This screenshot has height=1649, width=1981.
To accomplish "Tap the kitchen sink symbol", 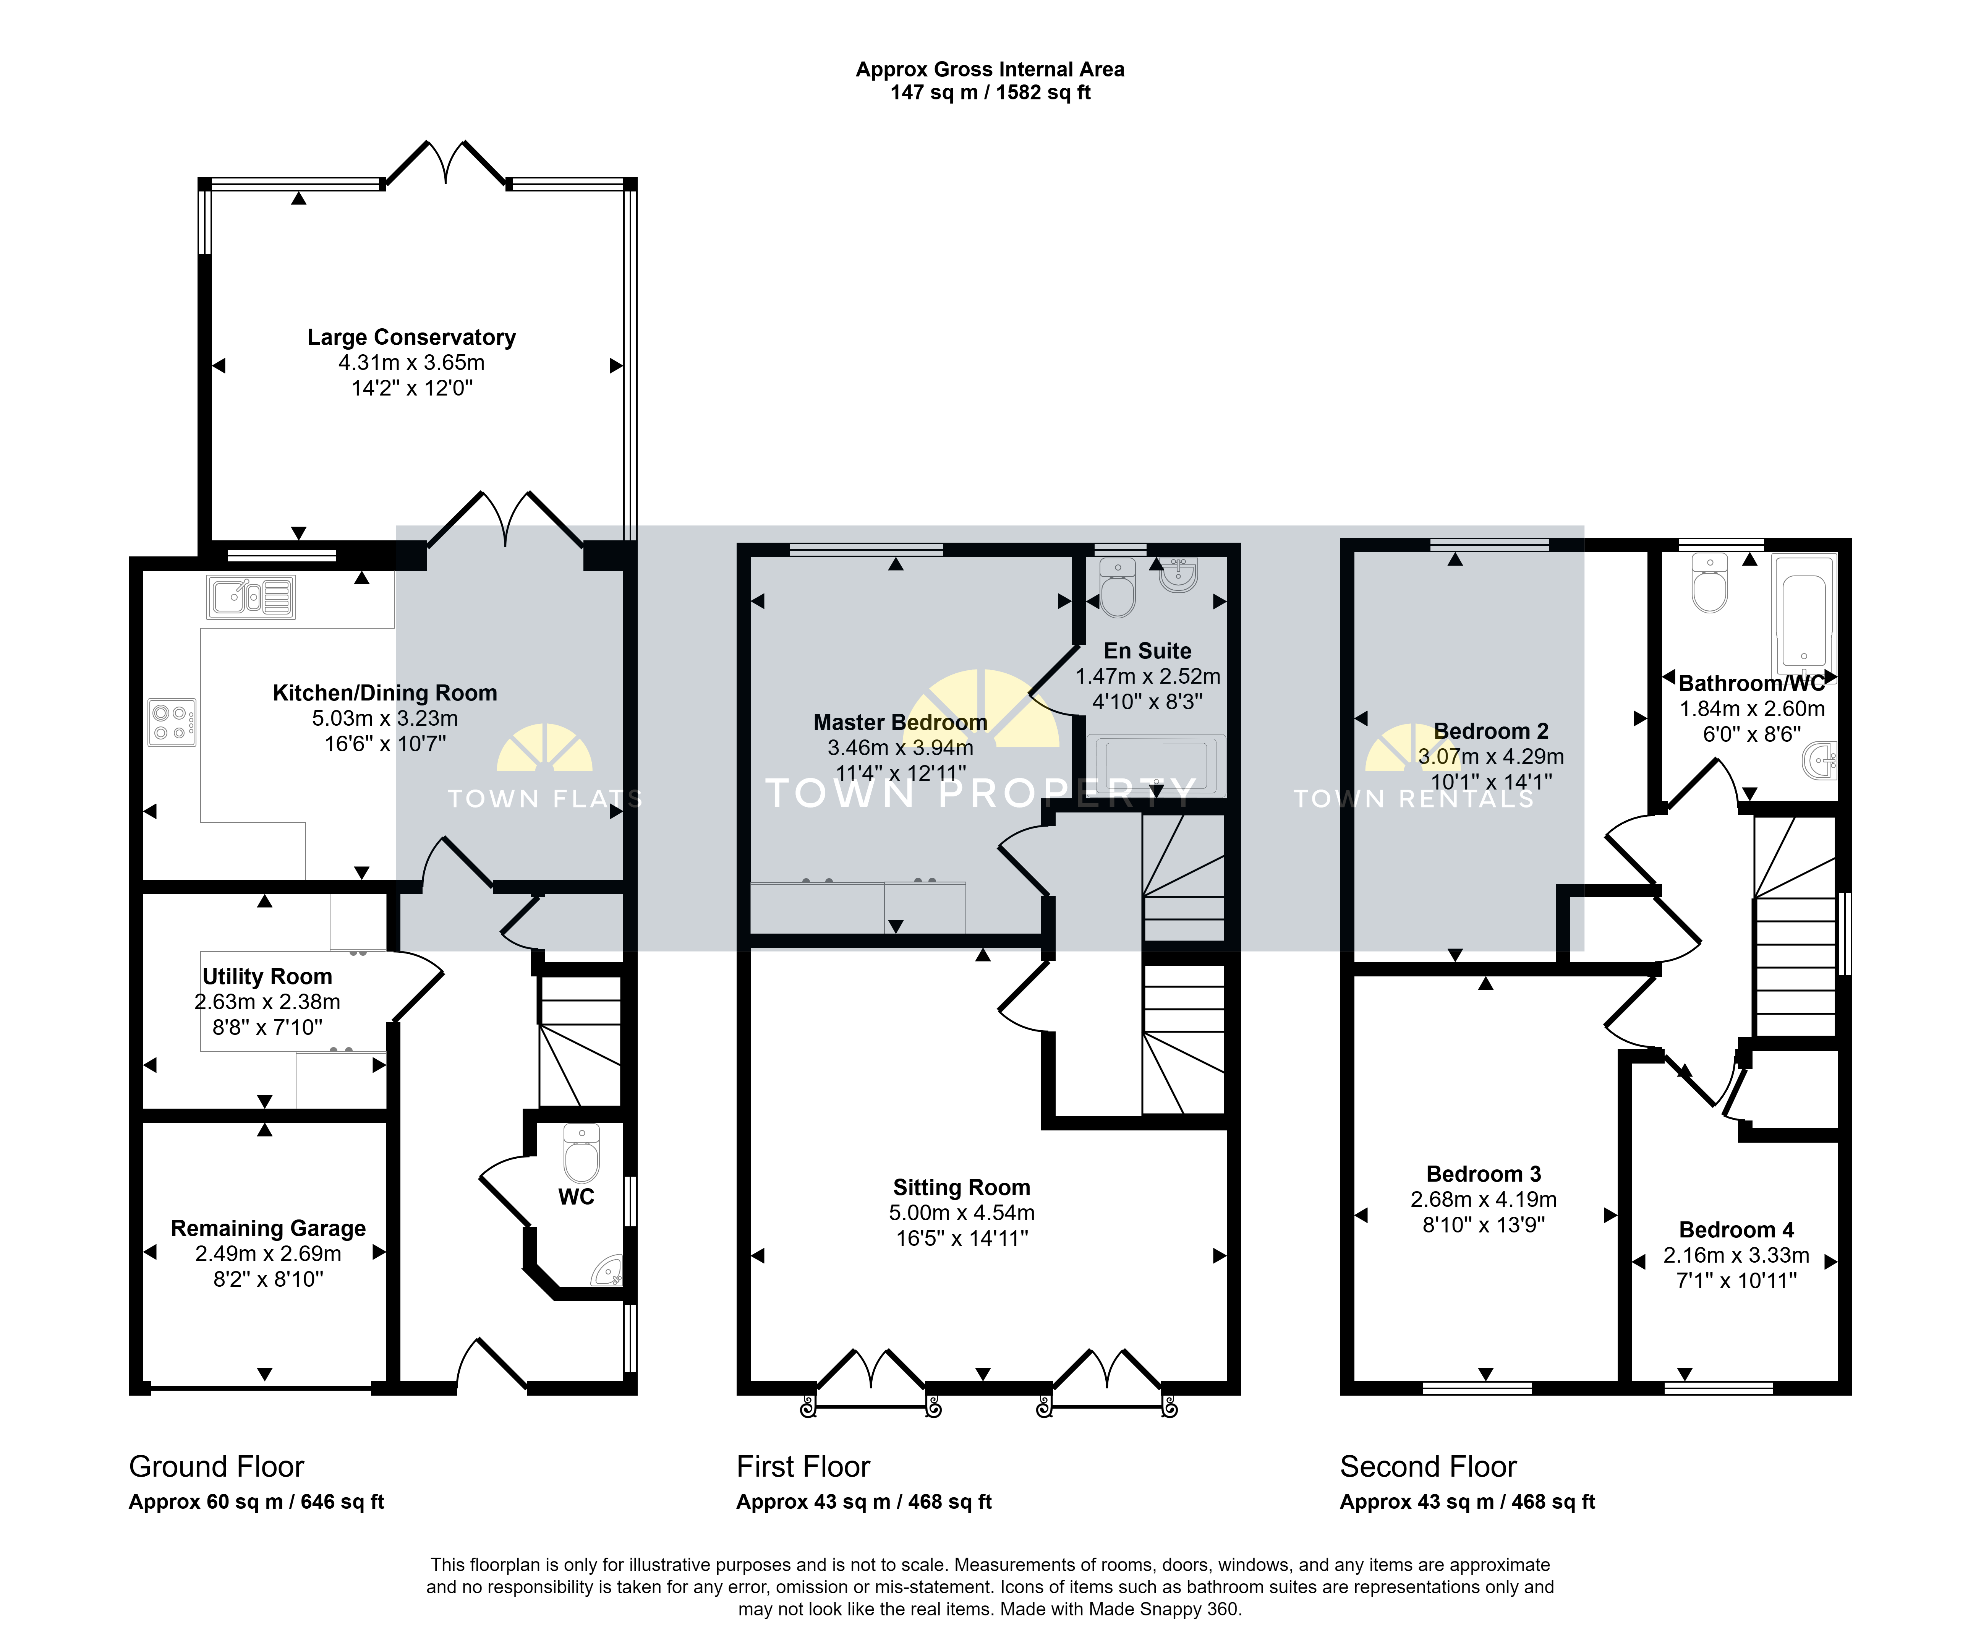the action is tap(251, 597).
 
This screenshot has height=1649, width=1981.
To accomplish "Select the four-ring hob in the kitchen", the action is tap(172, 723).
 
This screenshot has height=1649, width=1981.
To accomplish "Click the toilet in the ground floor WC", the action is tap(581, 1153).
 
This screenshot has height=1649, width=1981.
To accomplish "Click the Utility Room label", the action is tap(267, 976).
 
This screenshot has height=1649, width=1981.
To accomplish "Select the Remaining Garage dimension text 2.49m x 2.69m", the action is tap(268, 1254).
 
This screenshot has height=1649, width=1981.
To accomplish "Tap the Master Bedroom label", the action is tap(900, 723).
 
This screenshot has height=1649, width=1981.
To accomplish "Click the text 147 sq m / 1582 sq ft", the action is tap(990, 92).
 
